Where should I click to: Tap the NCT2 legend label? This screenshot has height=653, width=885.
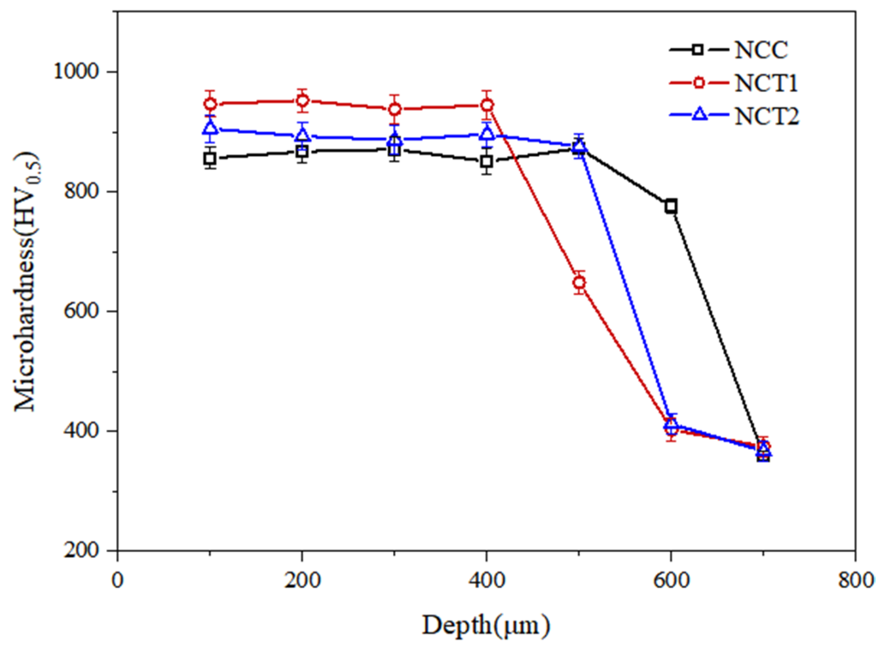[x=766, y=116]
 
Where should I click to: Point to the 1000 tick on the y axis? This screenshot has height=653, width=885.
[x=76, y=71]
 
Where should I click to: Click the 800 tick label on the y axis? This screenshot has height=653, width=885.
[x=82, y=191]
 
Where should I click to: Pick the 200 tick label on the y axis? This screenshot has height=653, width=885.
[x=82, y=550]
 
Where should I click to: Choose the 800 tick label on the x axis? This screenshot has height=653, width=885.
[x=855, y=580]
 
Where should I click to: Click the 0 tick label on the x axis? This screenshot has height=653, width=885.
[x=118, y=580]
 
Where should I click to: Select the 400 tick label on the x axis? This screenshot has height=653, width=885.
[x=486, y=580]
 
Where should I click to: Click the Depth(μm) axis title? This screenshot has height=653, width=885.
[x=486, y=626]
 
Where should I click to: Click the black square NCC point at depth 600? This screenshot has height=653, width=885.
[x=671, y=206]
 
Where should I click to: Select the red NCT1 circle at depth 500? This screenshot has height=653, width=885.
[x=579, y=282]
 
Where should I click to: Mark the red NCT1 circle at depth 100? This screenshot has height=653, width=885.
[x=210, y=104]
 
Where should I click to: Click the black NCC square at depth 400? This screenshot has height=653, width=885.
[x=486, y=162]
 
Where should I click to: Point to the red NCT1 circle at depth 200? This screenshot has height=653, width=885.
[x=302, y=100]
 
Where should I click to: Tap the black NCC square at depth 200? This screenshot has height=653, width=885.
[x=302, y=152]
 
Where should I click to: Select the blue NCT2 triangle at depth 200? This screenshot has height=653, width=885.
[x=302, y=134]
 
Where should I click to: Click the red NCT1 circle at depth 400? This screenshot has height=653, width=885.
[x=487, y=105]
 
